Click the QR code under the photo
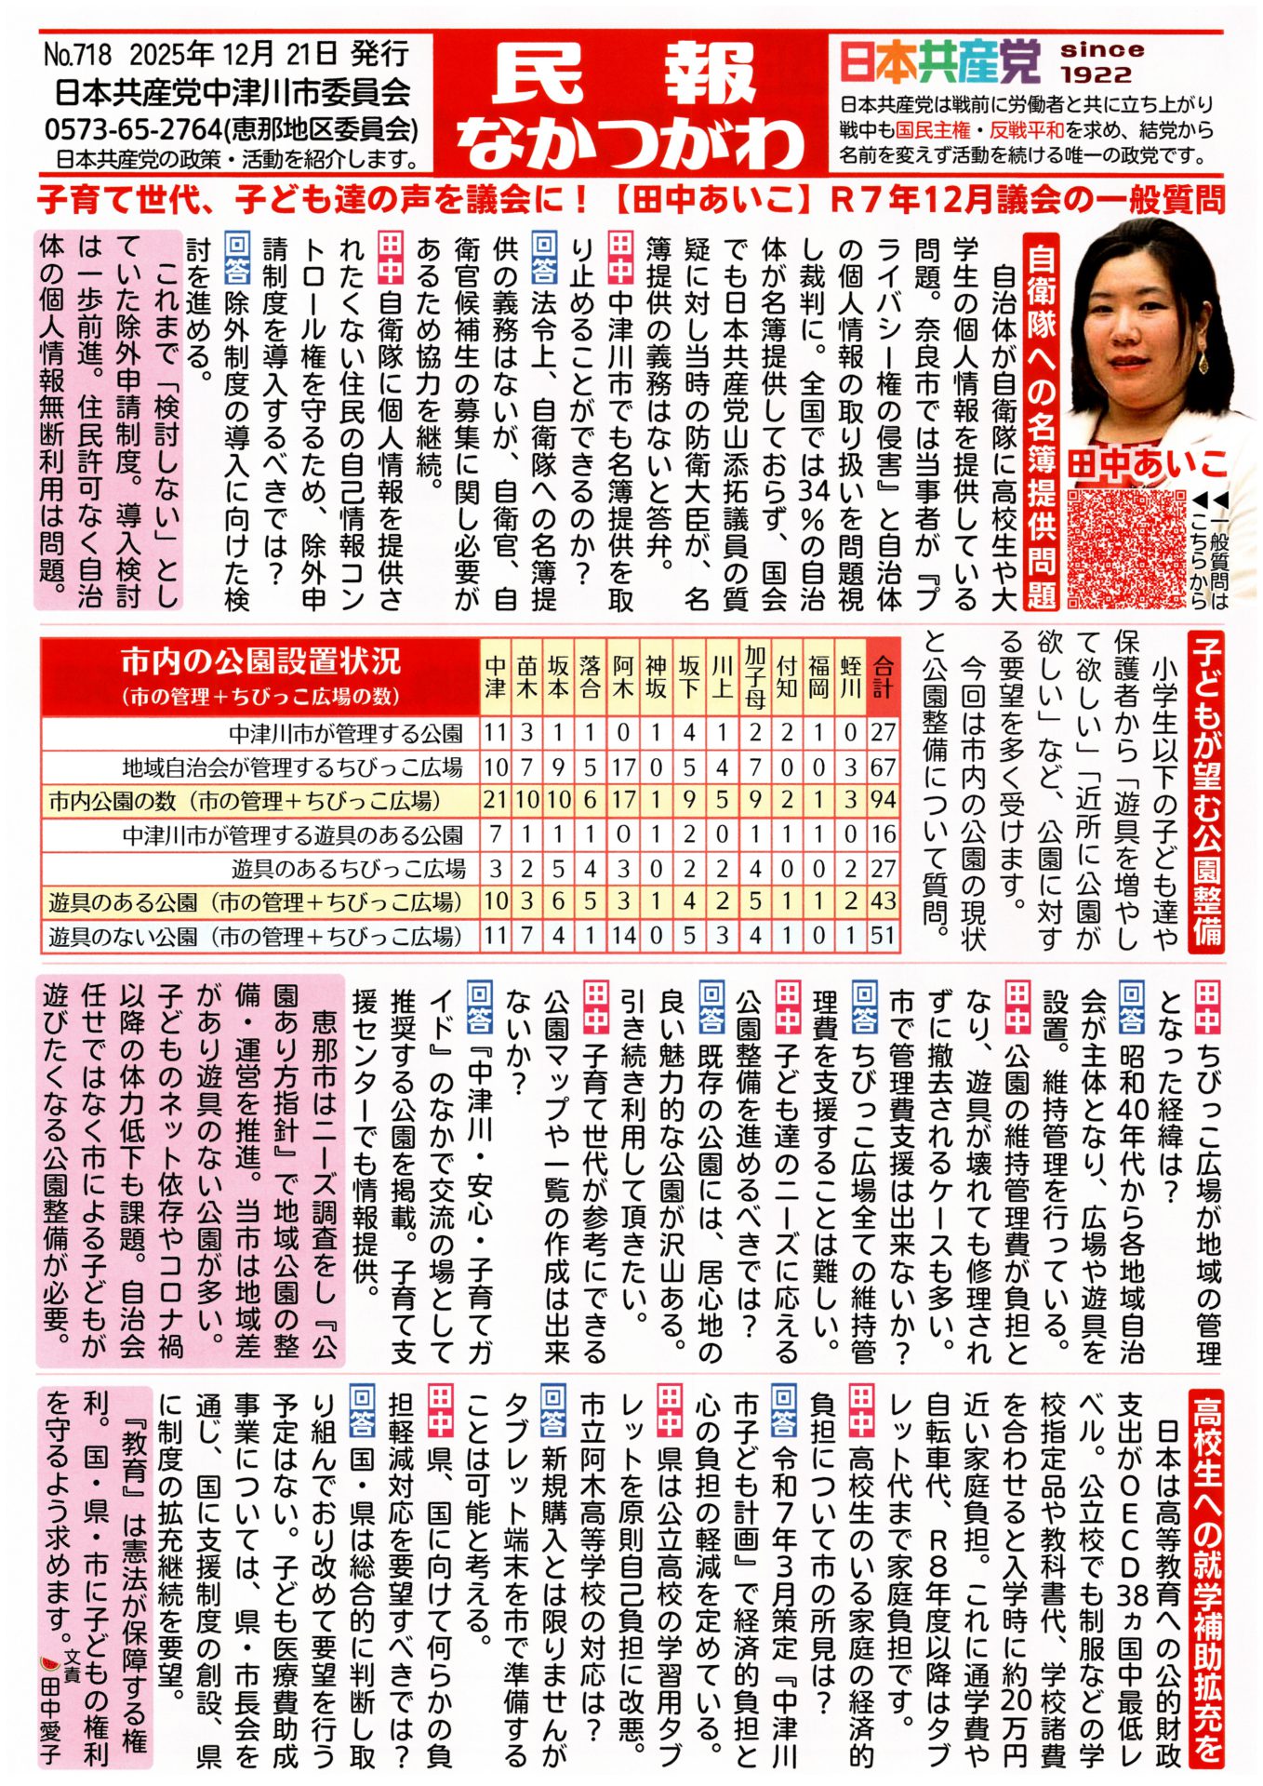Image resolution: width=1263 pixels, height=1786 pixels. (x=1127, y=542)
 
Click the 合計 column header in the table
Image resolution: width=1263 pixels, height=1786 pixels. (x=882, y=675)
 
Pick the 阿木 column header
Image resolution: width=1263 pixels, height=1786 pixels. (x=623, y=675)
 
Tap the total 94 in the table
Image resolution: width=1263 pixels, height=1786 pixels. (x=882, y=800)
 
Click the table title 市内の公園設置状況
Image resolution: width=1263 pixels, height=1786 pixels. (x=261, y=662)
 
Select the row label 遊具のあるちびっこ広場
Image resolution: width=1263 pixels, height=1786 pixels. (x=348, y=869)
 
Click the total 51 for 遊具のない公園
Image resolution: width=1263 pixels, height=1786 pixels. (x=882, y=935)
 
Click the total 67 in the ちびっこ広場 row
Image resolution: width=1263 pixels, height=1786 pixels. (x=882, y=766)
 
